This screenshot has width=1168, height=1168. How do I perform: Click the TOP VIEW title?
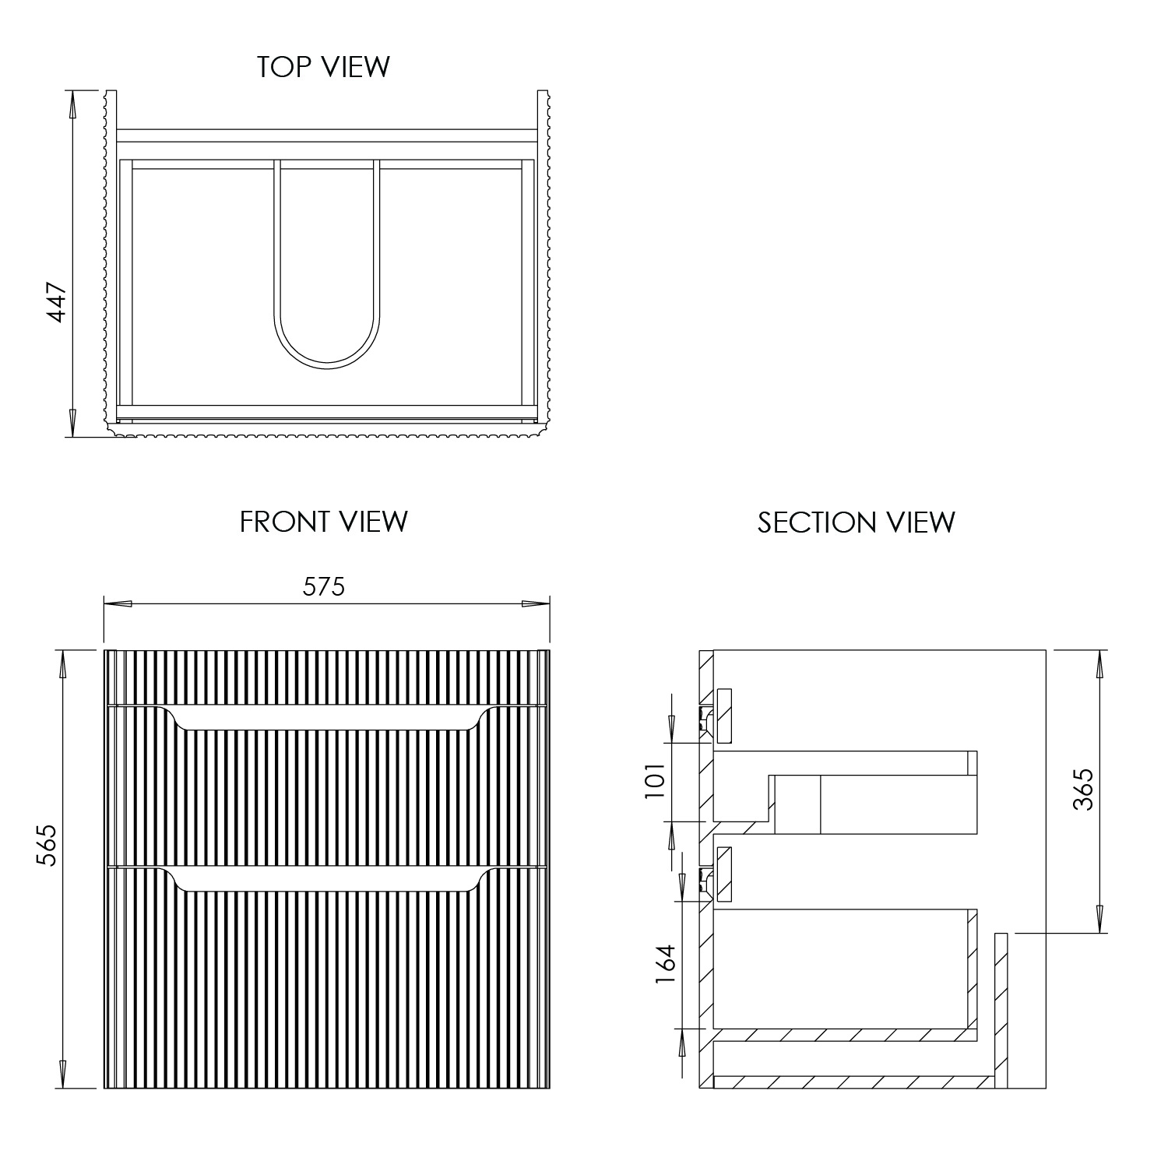click(323, 67)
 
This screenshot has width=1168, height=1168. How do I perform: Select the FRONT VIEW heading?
click(323, 522)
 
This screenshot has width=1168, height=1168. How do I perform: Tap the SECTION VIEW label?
click(856, 522)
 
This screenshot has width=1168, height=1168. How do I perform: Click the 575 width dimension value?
click(324, 586)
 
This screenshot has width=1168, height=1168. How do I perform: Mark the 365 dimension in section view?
click(1083, 789)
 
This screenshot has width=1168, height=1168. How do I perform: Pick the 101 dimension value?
click(655, 781)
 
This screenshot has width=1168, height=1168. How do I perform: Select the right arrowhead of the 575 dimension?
click(536, 603)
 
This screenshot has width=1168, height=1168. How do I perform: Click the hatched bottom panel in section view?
click(853, 1082)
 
